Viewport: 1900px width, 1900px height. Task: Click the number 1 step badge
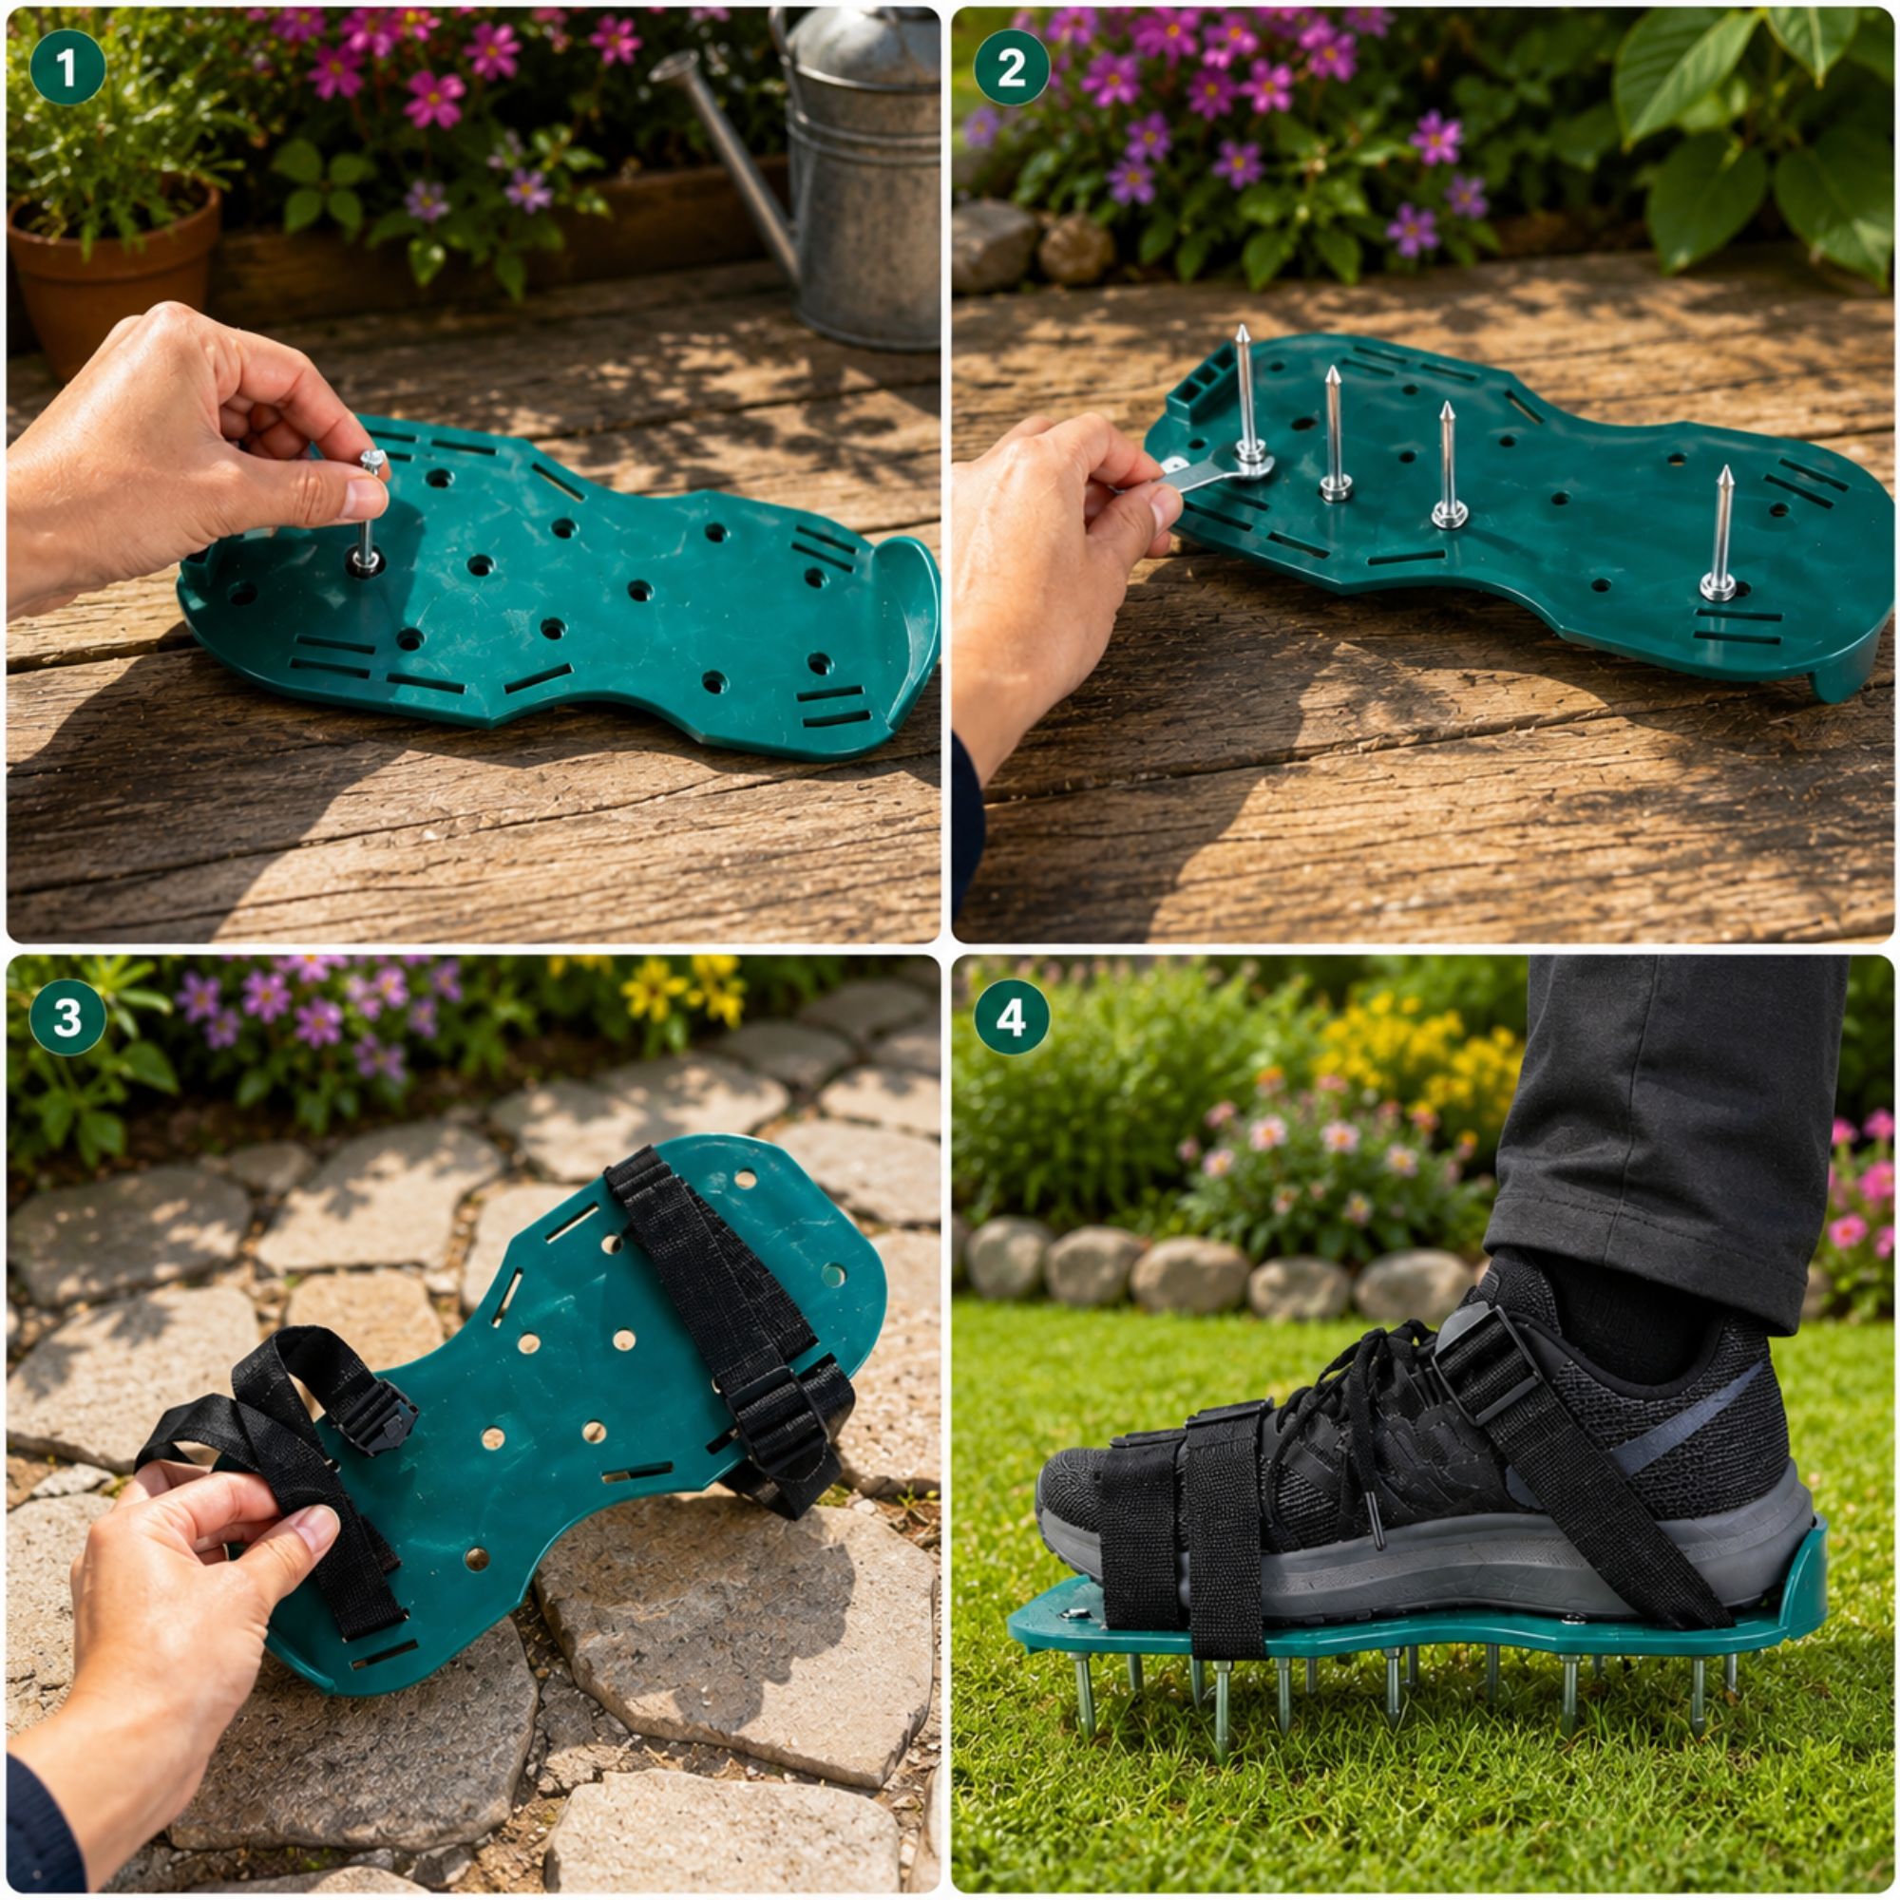(x=66, y=66)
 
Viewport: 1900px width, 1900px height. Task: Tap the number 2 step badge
(x=1012, y=66)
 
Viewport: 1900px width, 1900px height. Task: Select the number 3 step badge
(x=66, y=1016)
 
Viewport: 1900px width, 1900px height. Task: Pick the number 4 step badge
(x=1012, y=1016)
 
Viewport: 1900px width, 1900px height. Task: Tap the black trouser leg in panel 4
(x=1662, y=1130)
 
